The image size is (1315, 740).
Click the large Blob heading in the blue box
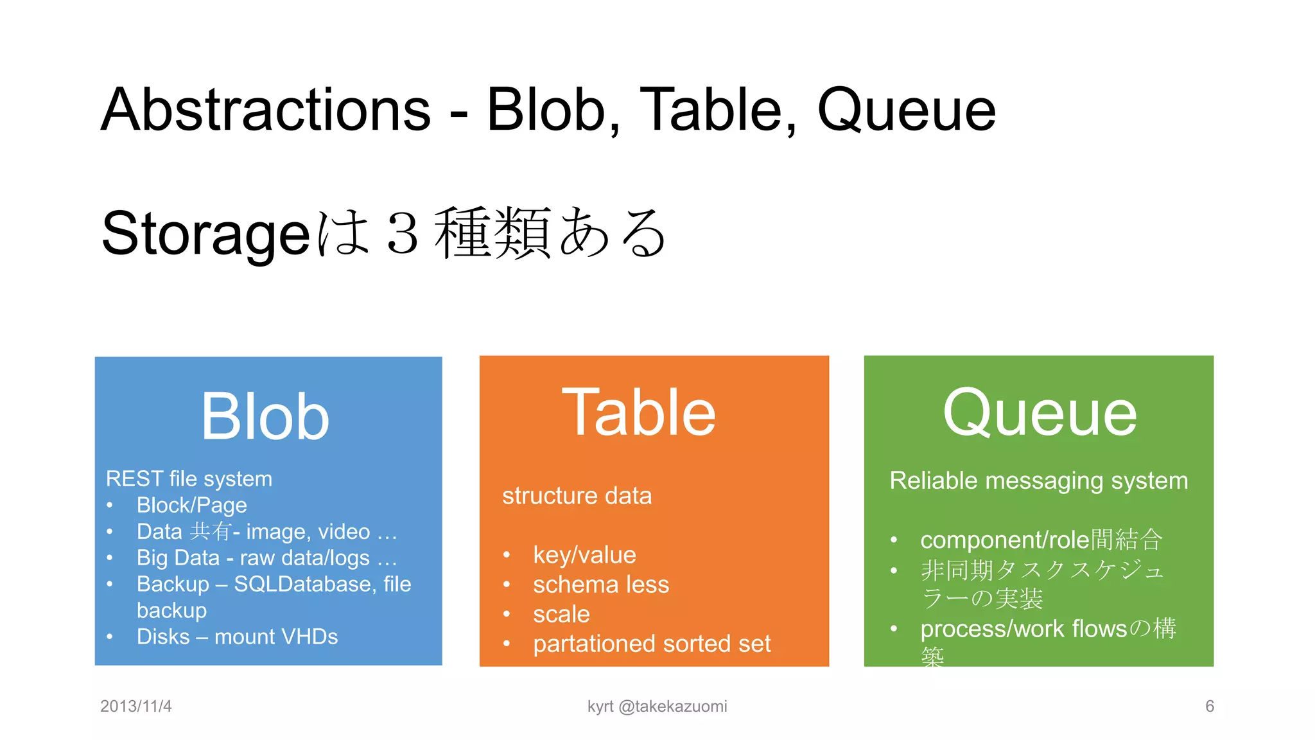point(265,418)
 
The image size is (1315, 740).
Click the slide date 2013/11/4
point(136,706)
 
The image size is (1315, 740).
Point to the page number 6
point(1209,706)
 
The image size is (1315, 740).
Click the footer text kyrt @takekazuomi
point(657,706)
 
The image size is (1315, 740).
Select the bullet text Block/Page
point(191,506)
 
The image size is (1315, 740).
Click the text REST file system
point(189,479)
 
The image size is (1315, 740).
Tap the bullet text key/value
point(584,555)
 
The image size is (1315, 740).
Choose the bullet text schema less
point(601,585)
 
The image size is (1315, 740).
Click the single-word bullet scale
point(561,614)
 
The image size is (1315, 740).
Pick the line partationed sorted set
point(651,644)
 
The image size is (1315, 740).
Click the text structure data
point(577,496)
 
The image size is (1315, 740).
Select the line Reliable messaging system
point(1038,480)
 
